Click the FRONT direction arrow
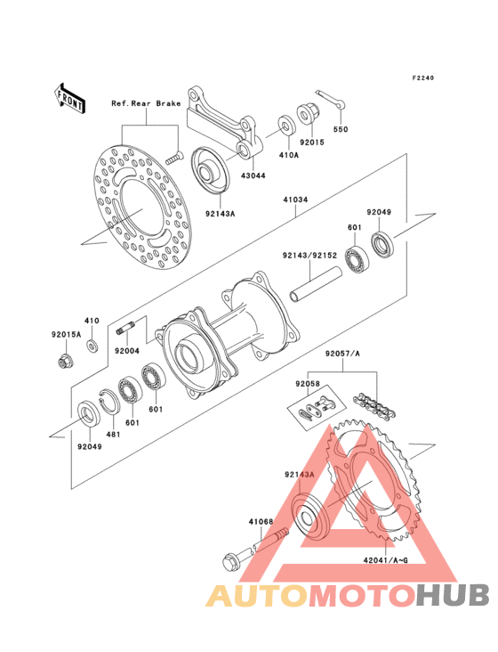tap(69, 99)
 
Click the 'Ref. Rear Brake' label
tap(146, 103)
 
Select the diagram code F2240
tap(423, 77)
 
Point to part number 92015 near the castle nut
tap(311, 143)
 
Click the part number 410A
tap(288, 155)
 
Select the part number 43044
tap(253, 175)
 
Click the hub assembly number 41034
tap(295, 200)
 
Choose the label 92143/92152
tap(309, 256)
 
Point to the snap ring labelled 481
tap(109, 402)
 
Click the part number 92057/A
tap(342, 354)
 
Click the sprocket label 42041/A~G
tap(386, 560)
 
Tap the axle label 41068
tap(261, 521)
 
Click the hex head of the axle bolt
tap(230, 563)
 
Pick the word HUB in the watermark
tap(454, 595)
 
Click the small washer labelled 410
tap(92, 346)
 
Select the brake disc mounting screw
tap(174, 159)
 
